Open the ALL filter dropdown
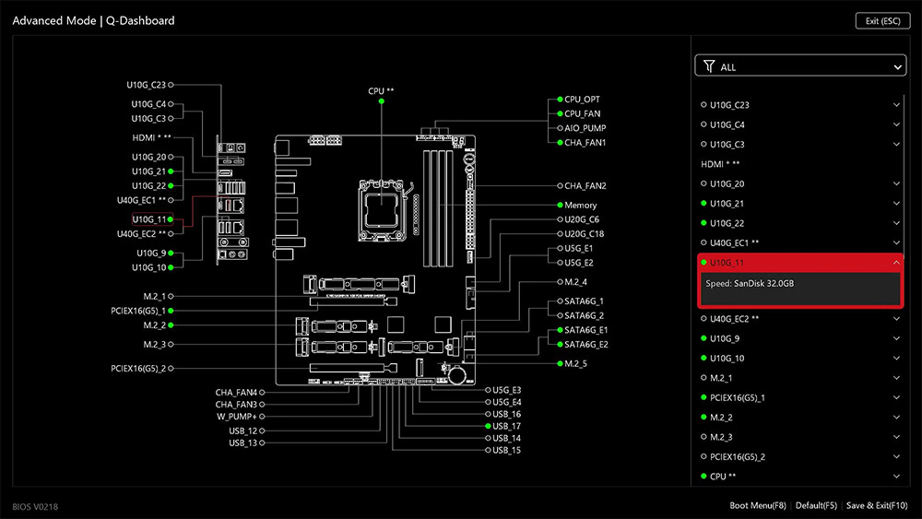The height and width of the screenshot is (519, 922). coord(800,66)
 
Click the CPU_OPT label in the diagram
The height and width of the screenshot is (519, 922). coord(582,99)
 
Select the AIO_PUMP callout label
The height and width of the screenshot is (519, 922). coord(585,128)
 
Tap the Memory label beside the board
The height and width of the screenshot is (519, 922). coord(580,205)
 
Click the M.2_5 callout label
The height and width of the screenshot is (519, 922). coord(575,364)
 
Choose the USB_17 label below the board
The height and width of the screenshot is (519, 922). coord(506,426)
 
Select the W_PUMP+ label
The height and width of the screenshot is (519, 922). coord(236,416)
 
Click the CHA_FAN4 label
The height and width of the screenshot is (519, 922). coord(236,392)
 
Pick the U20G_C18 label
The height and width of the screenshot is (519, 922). coord(584,234)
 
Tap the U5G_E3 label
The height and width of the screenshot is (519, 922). coord(506,390)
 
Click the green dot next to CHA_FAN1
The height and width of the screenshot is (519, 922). coord(559,143)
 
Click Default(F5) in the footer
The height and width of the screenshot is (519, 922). coord(816,505)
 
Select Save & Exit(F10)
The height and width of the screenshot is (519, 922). coord(877,505)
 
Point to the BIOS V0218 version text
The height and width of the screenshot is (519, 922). coord(36,506)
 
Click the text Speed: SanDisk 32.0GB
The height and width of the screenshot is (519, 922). coord(750,283)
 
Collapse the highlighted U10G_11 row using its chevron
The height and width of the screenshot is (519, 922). coord(896,263)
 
